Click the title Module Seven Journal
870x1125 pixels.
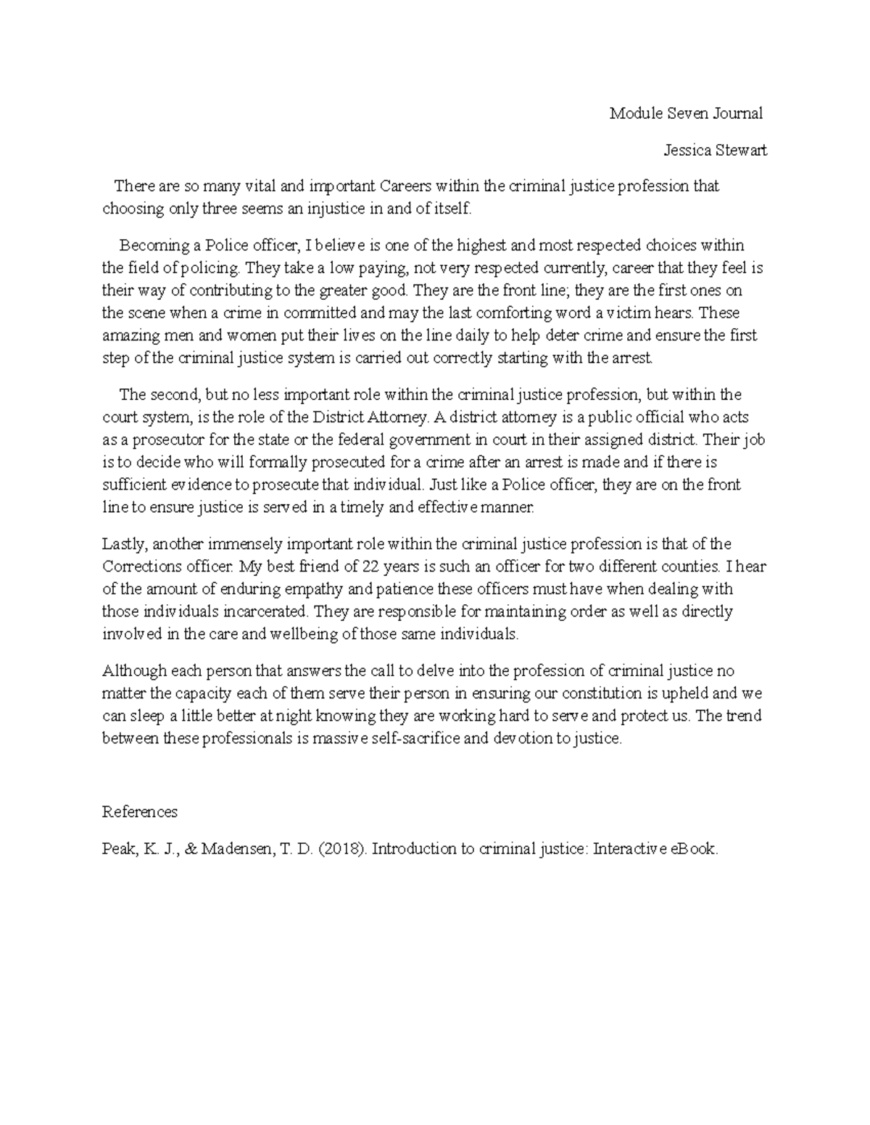pyautogui.click(x=686, y=113)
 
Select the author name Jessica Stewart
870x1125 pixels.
pyautogui.click(x=715, y=151)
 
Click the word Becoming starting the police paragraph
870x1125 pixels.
pyautogui.click(x=150, y=246)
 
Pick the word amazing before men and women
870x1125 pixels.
pyautogui.click(x=128, y=335)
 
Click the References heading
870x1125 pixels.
pyautogui.click(x=139, y=812)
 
